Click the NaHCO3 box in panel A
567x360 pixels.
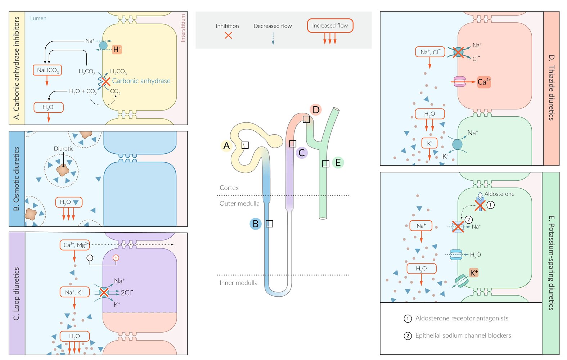click(x=47, y=70)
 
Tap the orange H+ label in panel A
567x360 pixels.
click(x=117, y=50)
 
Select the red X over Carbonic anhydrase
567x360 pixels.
click(x=105, y=82)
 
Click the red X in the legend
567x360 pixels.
click(x=228, y=35)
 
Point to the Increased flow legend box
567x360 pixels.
click(x=330, y=26)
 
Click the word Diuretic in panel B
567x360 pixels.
click(x=64, y=149)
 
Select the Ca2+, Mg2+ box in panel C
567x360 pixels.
click(x=75, y=245)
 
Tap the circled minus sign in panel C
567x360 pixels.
click(x=90, y=258)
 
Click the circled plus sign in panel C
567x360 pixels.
click(x=116, y=258)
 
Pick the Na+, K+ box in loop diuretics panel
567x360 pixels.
click(x=75, y=292)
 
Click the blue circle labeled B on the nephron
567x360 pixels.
click(x=256, y=224)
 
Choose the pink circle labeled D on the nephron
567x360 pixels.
click(x=316, y=110)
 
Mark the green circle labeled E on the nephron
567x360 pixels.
click(x=338, y=163)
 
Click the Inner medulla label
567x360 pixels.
click(x=238, y=283)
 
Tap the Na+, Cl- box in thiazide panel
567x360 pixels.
click(x=430, y=52)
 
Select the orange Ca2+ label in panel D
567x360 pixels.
click(x=484, y=82)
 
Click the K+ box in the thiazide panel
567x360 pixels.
click(x=429, y=143)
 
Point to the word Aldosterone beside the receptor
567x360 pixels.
click(x=499, y=194)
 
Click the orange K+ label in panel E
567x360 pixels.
click(x=474, y=273)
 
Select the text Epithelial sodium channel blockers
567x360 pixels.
click(x=463, y=336)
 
